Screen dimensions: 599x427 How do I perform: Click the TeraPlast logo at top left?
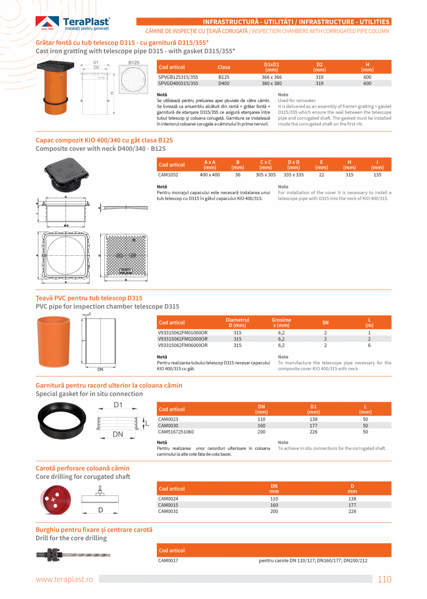(x=73, y=23)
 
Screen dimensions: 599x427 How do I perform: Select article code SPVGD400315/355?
(x=178, y=84)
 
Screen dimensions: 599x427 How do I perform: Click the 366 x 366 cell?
(x=272, y=77)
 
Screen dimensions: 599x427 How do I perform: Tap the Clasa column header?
(x=224, y=67)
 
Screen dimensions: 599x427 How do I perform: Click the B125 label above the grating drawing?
(x=134, y=62)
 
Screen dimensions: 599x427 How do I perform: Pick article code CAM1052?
(x=168, y=175)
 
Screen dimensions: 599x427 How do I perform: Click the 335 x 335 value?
(x=293, y=175)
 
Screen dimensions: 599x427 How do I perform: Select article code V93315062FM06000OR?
(x=183, y=345)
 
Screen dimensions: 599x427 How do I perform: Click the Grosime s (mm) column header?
(x=281, y=322)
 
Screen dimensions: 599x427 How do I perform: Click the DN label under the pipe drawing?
(x=100, y=370)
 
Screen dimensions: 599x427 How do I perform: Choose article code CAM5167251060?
(x=176, y=432)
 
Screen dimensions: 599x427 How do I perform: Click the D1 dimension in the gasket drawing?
(x=118, y=405)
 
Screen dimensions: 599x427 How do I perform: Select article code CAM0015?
(x=168, y=505)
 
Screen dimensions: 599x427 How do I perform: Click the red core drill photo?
(x=56, y=500)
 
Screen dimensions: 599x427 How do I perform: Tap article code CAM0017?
(x=168, y=560)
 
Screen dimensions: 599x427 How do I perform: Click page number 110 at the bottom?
(x=384, y=579)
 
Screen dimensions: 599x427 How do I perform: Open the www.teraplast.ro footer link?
(x=65, y=579)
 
